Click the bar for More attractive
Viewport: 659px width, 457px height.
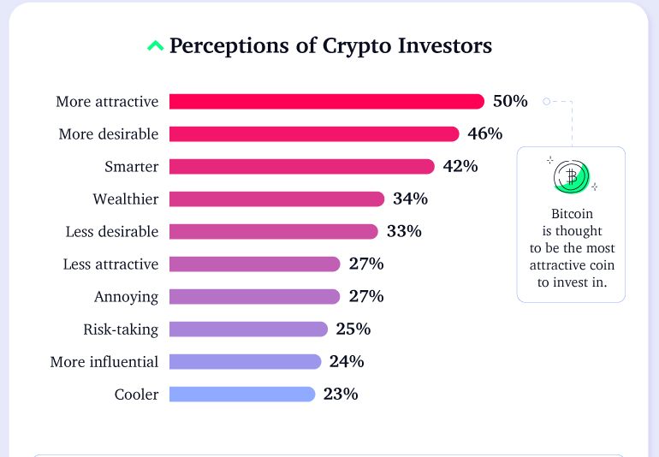coord(326,101)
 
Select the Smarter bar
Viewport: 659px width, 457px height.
coord(301,166)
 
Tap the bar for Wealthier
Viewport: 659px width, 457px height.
coord(276,199)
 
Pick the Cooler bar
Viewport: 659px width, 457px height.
coord(242,394)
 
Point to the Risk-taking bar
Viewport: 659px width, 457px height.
coord(248,329)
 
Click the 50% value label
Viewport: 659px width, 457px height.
coord(510,101)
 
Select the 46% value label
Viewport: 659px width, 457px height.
coord(484,134)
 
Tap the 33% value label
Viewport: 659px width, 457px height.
coord(404,231)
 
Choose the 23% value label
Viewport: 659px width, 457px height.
coord(341,394)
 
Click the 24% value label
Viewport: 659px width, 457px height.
coord(347,361)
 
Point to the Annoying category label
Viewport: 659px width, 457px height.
coord(126,296)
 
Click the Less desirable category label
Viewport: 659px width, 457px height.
coord(112,231)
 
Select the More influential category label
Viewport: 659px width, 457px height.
coord(104,361)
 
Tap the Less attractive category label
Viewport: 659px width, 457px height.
coord(110,264)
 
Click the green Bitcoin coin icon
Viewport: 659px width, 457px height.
coord(571,176)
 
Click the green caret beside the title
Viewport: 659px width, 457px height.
coord(155,45)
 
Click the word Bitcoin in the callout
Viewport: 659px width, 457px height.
coord(571,213)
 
